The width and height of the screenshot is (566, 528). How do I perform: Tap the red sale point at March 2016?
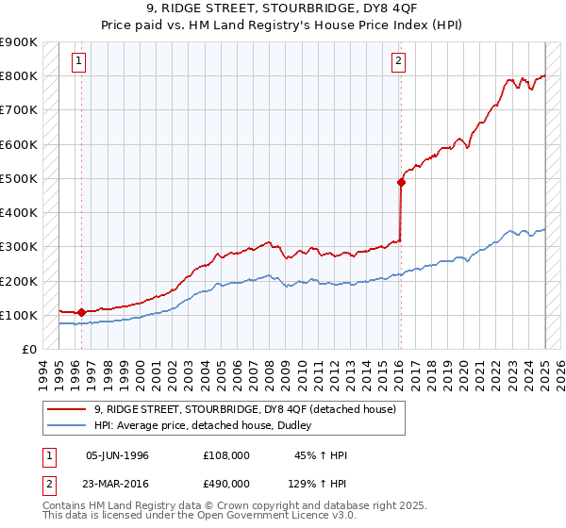401,183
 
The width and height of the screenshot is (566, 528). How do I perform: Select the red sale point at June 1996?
81,312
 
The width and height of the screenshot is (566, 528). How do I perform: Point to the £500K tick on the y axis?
19,178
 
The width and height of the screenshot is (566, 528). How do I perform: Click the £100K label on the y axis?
19,315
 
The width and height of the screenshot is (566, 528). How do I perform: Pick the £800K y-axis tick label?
19,75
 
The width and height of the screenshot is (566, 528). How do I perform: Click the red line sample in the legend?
66,408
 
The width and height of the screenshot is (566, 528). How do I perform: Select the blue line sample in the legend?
66,425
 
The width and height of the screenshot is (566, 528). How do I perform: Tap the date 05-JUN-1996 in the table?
117,455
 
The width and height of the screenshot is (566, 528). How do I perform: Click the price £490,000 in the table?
225,483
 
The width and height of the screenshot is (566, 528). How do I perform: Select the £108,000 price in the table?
225,455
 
